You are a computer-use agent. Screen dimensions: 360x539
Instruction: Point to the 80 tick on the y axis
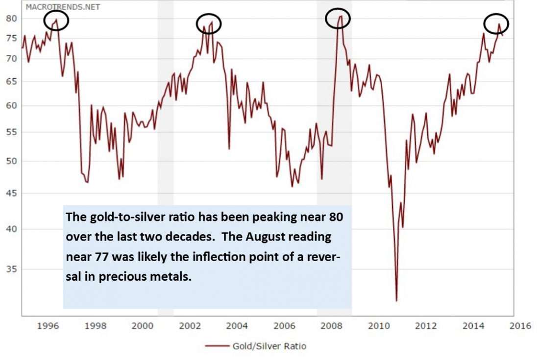pos(11,19)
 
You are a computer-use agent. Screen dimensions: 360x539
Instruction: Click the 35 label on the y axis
pos(11,269)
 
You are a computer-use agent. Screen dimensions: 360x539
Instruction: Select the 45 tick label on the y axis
pos(11,193)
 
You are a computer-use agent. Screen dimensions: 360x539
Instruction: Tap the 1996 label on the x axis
pos(48,325)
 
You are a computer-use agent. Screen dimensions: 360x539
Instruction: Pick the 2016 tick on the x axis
pos(521,325)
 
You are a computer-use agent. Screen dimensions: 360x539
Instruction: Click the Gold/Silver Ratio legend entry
pos(269,346)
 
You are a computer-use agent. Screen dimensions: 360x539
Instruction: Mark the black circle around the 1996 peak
pos(56,20)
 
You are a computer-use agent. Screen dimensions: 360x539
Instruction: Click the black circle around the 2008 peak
pos(338,19)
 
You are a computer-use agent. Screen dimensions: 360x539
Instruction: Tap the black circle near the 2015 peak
pos(496,24)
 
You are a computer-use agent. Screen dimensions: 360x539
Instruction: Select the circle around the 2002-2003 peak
pos(209,23)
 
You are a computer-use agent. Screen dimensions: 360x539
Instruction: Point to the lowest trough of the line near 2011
pos(396,300)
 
